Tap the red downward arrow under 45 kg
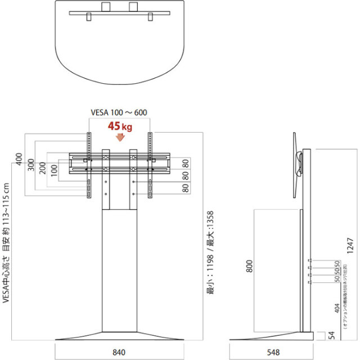point(119,137)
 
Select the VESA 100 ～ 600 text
point(119,112)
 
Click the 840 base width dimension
point(119,353)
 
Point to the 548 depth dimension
point(274,353)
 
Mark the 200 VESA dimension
point(43,168)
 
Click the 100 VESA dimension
point(54,170)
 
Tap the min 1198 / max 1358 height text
point(209,253)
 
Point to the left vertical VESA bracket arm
point(88,164)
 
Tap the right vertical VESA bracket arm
point(150,164)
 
